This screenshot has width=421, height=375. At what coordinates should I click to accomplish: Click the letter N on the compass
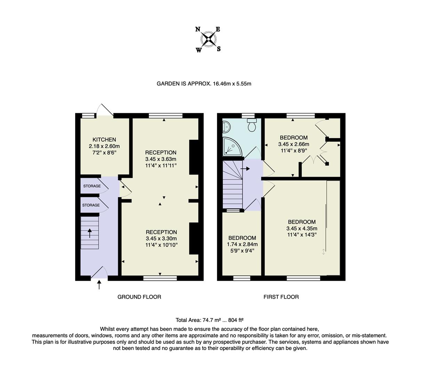[x=198, y=30]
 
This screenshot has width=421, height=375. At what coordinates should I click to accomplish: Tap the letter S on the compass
[x=219, y=49]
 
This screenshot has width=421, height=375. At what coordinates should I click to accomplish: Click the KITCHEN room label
[x=104, y=140]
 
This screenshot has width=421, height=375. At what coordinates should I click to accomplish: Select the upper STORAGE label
[x=92, y=186]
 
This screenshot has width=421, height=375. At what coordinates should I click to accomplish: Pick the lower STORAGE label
[x=91, y=205]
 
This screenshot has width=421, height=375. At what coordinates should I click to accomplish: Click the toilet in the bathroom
[x=252, y=125]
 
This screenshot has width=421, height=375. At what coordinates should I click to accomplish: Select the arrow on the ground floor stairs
[x=90, y=233]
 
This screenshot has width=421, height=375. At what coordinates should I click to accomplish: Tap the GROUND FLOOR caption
[x=139, y=297]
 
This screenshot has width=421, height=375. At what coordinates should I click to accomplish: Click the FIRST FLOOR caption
[x=281, y=297]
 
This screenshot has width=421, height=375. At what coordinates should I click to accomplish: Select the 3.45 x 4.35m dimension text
[x=301, y=228]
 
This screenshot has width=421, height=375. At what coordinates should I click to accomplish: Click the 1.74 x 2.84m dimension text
[x=242, y=244]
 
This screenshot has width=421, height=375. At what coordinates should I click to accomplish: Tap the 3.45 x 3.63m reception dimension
[x=161, y=159]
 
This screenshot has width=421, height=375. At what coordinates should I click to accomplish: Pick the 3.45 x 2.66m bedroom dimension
[x=293, y=144]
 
